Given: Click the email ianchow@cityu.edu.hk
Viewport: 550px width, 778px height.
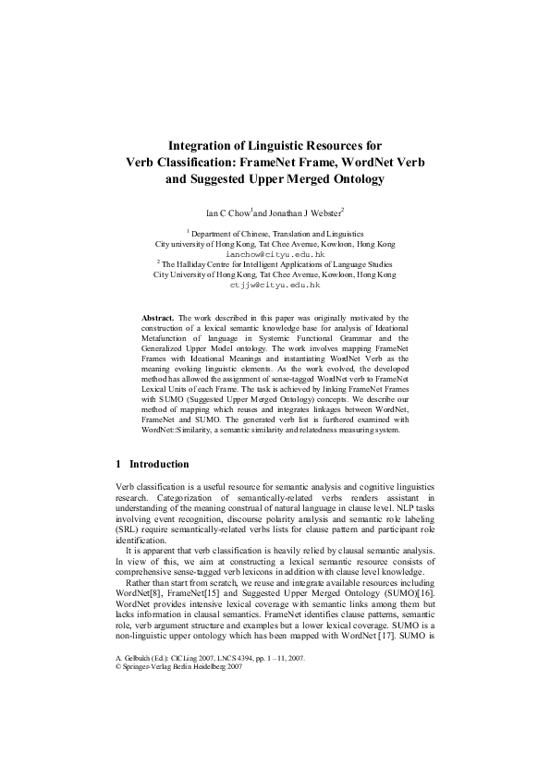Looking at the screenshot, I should [275, 253].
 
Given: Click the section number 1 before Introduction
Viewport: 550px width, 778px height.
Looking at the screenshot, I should [118, 464].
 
